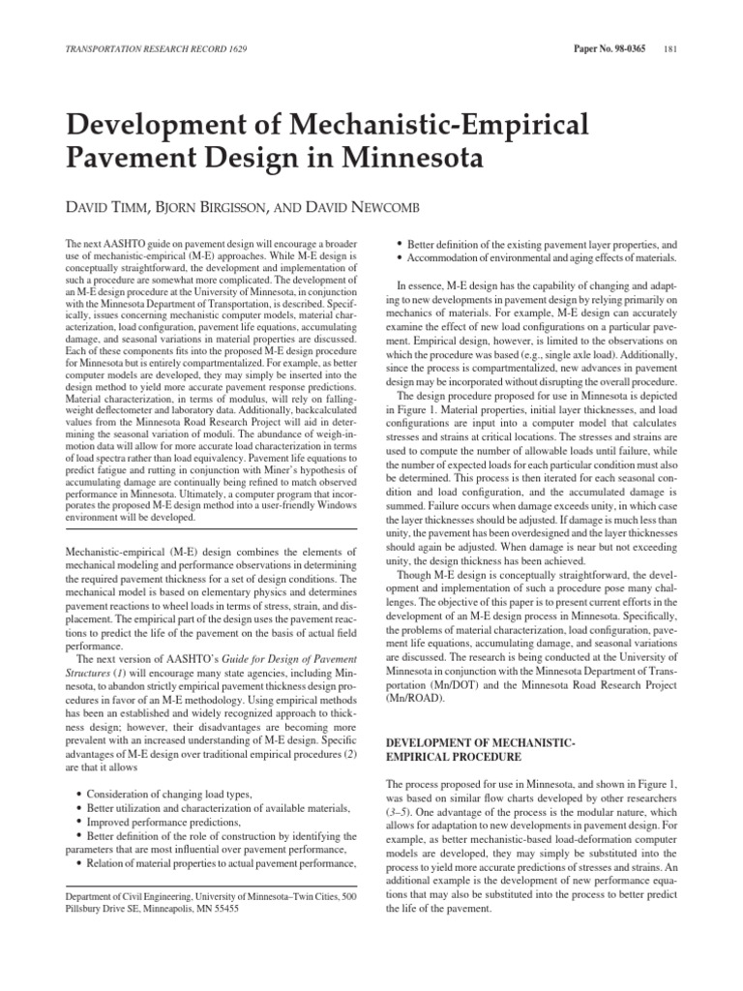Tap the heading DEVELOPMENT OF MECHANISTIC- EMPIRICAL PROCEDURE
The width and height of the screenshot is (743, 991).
pyautogui.click(x=482, y=748)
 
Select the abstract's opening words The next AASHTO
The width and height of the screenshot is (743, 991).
pyautogui.click(x=102, y=239)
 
